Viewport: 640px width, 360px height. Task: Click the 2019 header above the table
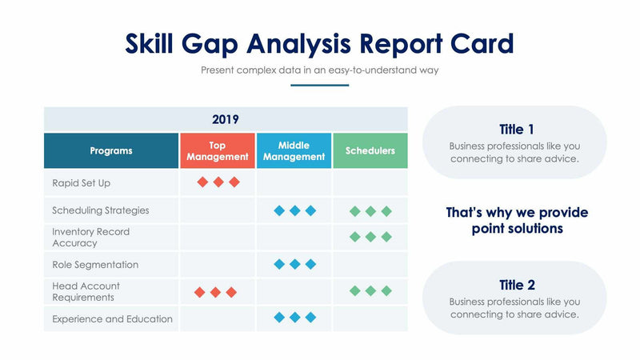click(225, 119)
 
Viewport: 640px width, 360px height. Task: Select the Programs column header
click(111, 150)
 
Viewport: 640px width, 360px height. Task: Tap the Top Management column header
click(218, 151)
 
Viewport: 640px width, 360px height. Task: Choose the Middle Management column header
click(294, 151)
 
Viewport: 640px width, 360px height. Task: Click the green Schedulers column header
click(370, 150)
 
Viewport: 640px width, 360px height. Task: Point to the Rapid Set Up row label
click(81, 183)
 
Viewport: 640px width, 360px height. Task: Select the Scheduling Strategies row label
click(100, 210)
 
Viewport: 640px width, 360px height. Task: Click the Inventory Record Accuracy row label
click(90, 238)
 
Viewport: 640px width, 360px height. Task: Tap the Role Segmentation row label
click(95, 265)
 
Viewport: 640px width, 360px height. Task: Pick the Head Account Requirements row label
click(86, 292)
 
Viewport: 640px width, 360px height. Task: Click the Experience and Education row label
click(112, 319)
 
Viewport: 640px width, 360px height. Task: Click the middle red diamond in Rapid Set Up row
click(218, 182)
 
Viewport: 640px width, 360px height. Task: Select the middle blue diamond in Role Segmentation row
click(294, 264)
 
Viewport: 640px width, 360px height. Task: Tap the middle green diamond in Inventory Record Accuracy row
click(370, 237)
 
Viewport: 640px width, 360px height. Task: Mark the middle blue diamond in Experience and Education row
click(294, 318)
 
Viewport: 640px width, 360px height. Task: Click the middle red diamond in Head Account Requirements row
click(215, 292)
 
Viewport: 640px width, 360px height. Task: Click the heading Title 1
click(516, 130)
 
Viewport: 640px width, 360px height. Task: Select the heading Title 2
click(516, 285)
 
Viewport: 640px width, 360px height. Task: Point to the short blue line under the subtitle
click(319, 85)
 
